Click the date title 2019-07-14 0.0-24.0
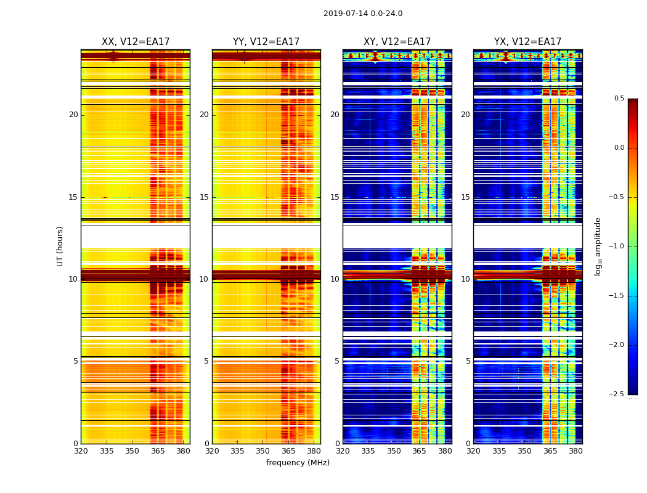pyautogui.click(x=363, y=14)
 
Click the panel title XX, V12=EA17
pyautogui.click(x=136, y=42)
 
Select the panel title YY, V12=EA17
pyautogui.click(x=266, y=42)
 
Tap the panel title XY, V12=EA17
pyautogui.click(x=397, y=42)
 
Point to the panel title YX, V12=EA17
pyautogui.click(x=527, y=42)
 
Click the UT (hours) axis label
pyautogui.click(x=60, y=246)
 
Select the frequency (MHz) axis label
pyautogui.click(x=298, y=463)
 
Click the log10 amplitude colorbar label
pyautogui.click(x=597, y=246)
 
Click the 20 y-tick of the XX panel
pyautogui.click(x=73, y=115)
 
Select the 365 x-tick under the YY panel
pyautogui.click(x=288, y=451)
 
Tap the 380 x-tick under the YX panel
pyautogui.click(x=576, y=451)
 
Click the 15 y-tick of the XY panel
pyautogui.click(x=335, y=197)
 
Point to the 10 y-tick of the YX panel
pyautogui.click(x=465, y=279)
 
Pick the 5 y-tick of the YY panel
pyautogui.click(x=206, y=361)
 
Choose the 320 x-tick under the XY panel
pyautogui.click(x=343, y=451)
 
